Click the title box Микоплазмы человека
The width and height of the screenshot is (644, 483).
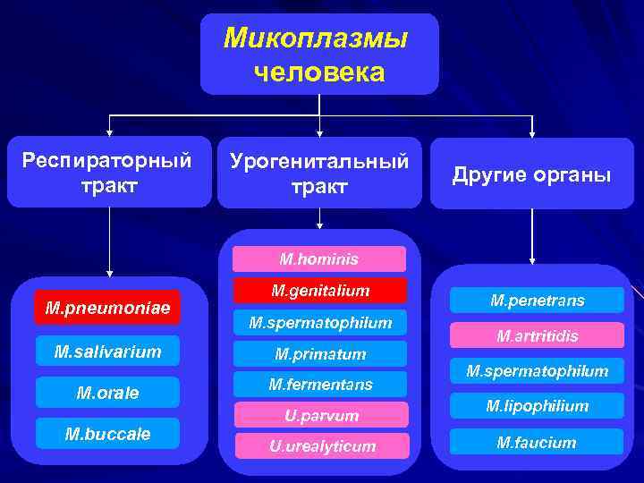pyautogui.click(x=319, y=54)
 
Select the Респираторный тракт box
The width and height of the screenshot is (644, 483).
pyautogui.click(x=109, y=173)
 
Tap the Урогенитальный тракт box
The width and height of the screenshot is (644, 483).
pyautogui.click(x=319, y=173)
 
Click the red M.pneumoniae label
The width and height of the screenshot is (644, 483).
pyautogui.click(x=106, y=309)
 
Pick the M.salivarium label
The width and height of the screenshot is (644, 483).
pyautogui.click(x=107, y=352)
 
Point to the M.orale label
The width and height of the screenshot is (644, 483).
pyautogui.click(x=107, y=393)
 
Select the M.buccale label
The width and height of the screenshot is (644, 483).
pyautogui.click(x=107, y=434)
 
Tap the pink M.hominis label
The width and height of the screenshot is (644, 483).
pyautogui.click(x=318, y=259)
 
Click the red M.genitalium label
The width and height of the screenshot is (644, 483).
pyautogui.click(x=319, y=291)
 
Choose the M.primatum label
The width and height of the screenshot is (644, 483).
pyautogui.click(x=319, y=354)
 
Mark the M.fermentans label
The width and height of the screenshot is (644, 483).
pyautogui.click(x=319, y=385)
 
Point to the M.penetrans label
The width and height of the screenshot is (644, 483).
pyautogui.click(x=537, y=301)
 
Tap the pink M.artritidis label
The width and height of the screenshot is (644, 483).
pyautogui.click(x=537, y=335)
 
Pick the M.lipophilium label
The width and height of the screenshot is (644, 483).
pyautogui.click(x=537, y=406)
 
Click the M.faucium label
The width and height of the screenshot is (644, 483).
pyautogui.click(x=537, y=442)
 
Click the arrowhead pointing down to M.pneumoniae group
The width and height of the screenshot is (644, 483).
pyautogui.click(x=109, y=272)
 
